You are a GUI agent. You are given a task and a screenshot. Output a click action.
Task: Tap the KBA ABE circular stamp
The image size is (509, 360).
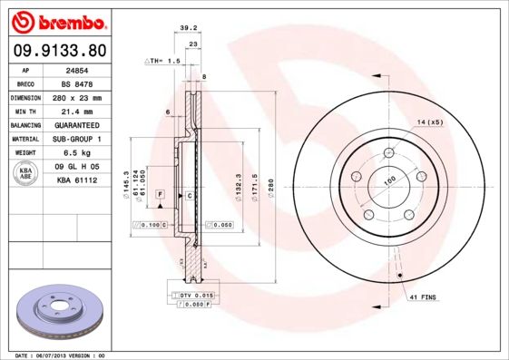click(x=26, y=174)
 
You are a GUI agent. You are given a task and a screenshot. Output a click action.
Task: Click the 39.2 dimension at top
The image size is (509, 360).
click(x=189, y=27)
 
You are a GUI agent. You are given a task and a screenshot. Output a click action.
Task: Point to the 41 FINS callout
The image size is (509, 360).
click(x=423, y=297)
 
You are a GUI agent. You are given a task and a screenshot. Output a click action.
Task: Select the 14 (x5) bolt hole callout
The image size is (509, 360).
click(x=429, y=122)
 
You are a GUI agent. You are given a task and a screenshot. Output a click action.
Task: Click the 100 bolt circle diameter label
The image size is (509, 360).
click(x=390, y=180)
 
